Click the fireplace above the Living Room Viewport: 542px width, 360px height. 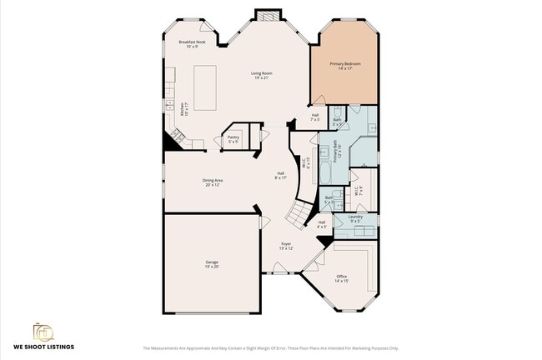(268, 15)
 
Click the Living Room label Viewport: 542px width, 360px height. (262, 76)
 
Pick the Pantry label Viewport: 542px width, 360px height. (233, 139)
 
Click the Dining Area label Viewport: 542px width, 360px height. (213, 182)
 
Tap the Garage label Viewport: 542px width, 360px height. (212, 264)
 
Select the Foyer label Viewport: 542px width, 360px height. (285, 246)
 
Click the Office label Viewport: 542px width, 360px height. (342, 278)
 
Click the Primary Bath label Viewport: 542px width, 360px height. (339, 152)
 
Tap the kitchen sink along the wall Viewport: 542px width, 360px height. (168, 106)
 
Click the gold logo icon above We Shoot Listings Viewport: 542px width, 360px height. (43, 332)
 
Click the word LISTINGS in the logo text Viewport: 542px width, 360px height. (58, 347)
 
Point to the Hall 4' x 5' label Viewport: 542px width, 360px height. (322, 224)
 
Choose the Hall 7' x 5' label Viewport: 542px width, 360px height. (315, 117)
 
